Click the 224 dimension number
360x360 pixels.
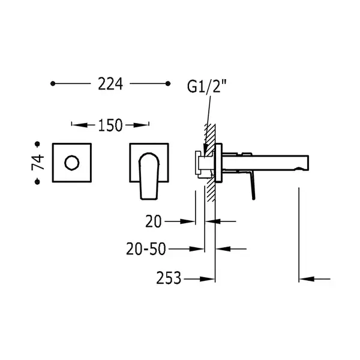[x=110, y=83]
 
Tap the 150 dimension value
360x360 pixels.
[x=110, y=125]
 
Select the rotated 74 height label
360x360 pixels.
[x=38, y=163]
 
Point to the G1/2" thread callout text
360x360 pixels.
[x=206, y=86]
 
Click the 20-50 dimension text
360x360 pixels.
[x=146, y=249]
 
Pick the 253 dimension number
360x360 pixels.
[x=169, y=278]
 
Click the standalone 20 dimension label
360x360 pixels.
[x=154, y=221]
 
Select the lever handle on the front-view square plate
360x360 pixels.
[x=149, y=176]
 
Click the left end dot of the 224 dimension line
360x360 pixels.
[x=53, y=83]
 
